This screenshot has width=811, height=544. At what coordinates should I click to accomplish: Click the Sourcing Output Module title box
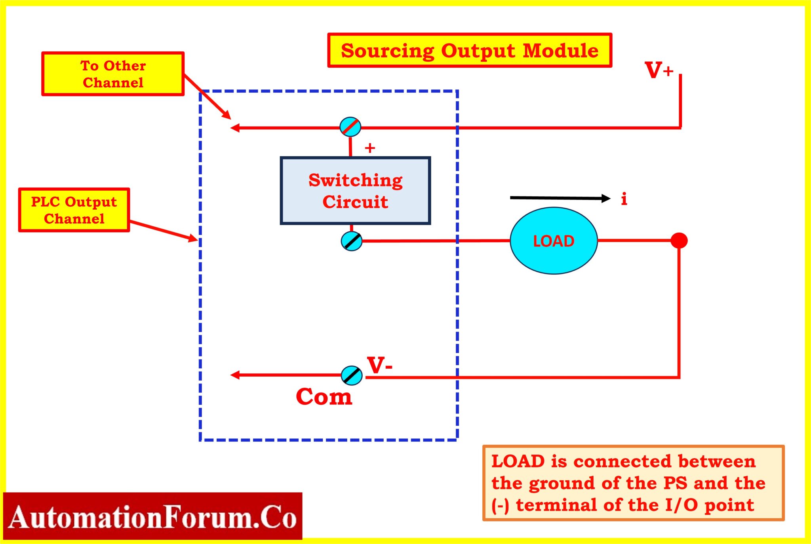pyautogui.click(x=470, y=51)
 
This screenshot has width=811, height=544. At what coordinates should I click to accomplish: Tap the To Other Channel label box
pyautogui.click(x=113, y=74)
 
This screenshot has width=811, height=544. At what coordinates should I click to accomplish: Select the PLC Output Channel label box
pyautogui.click(x=74, y=210)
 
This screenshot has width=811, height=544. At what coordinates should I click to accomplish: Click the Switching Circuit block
pyautogui.click(x=355, y=191)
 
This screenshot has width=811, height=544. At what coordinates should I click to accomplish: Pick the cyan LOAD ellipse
pyautogui.click(x=553, y=241)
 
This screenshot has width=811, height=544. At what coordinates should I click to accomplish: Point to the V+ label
pyautogui.click(x=659, y=70)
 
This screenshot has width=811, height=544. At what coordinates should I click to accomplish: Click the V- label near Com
pyautogui.click(x=379, y=365)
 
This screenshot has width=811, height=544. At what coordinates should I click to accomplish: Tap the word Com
pyautogui.click(x=324, y=396)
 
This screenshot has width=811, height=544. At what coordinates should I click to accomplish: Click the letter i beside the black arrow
pyautogui.click(x=624, y=199)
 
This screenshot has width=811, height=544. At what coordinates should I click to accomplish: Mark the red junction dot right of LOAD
pyautogui.click(x=679, y=241)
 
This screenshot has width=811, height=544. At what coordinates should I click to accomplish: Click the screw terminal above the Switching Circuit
pyautogui.click(x=350, y=127)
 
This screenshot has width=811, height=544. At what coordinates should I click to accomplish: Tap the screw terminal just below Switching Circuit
pyautogui.click(x=352, y=241)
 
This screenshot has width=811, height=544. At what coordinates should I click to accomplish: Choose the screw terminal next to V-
pyautogui.click(x=352, y=375)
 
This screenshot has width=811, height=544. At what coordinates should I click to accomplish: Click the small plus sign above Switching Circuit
pyautogui.click(x=370, y=148)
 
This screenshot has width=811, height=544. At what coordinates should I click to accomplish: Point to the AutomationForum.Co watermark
pyautogui.click(x=152, y=517)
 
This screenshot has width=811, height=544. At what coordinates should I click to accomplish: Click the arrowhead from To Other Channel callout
pyautogui.click(x=227, y=115)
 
